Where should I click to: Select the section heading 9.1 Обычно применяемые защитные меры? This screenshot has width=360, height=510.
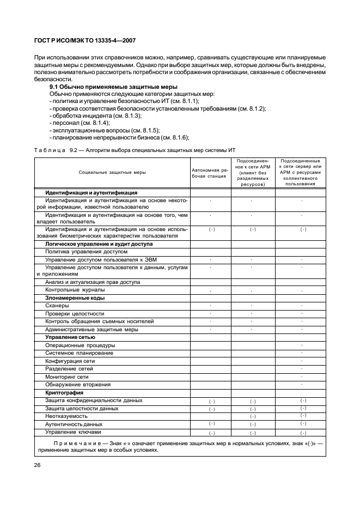tap(113, 87)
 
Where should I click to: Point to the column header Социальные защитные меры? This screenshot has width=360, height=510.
tap(112, 173)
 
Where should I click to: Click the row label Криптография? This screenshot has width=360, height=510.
tap(64, 392)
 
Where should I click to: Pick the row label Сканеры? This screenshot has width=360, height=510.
tap(57, 306)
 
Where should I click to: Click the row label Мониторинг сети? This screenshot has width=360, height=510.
tap(67, 377)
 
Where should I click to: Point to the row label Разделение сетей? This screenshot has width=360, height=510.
tap(65, 369)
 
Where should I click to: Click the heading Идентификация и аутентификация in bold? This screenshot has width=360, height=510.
tap(91, 192)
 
